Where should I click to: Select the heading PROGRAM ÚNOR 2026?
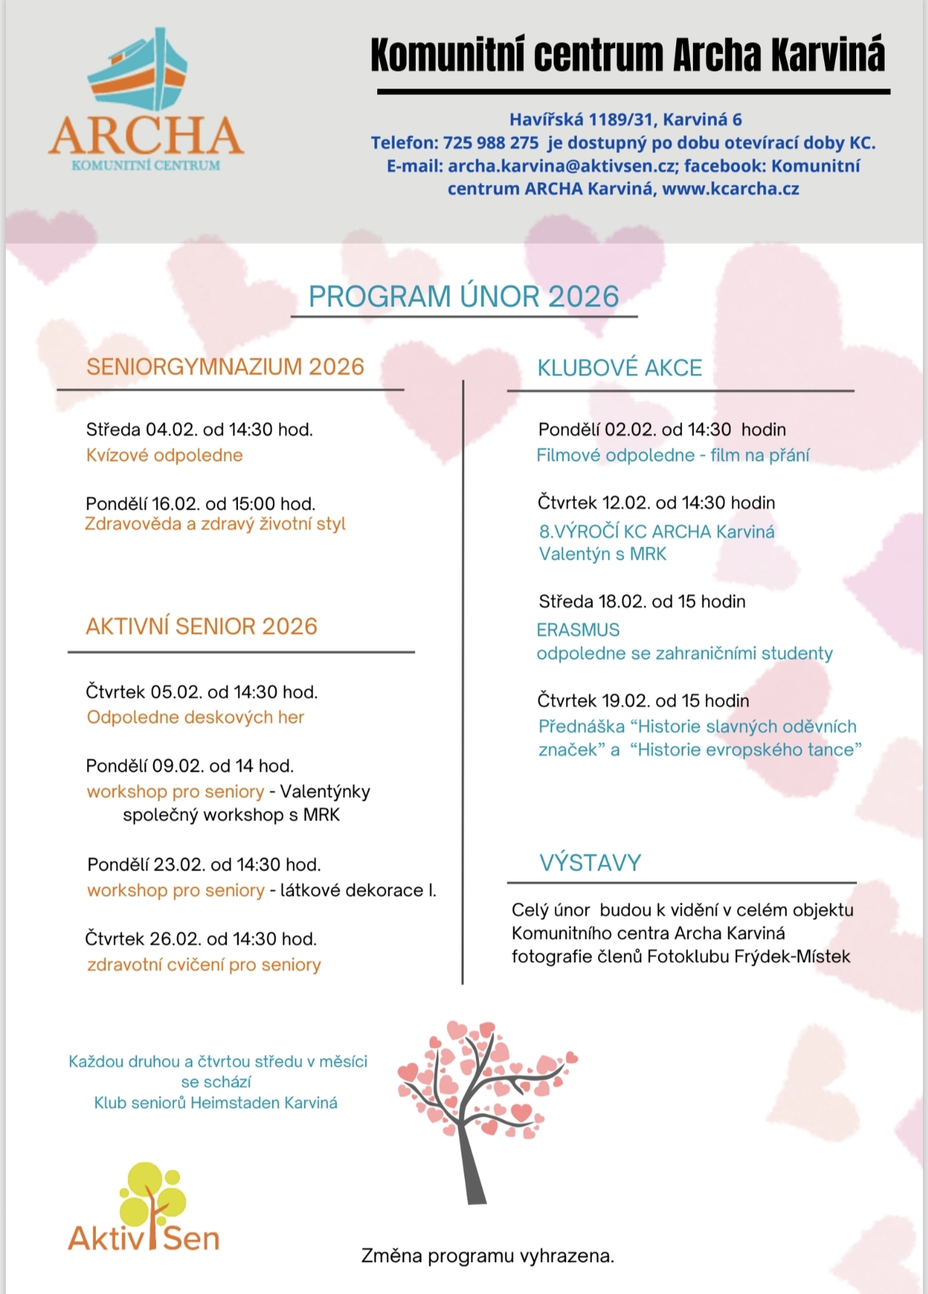point(464,297)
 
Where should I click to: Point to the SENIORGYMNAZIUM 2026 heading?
point(225,367)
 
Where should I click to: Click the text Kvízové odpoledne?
point(164,455)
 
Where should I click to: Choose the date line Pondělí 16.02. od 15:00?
point(200,503)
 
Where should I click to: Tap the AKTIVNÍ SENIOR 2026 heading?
point(202,627)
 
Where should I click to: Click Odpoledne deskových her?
point(195,717)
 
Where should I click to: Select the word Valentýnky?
point(325,792)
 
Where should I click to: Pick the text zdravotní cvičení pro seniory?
point(204,965)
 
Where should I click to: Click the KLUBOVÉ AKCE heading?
point(620,368)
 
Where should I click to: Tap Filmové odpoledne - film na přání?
point(673,455)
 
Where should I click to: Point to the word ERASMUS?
point(578,630)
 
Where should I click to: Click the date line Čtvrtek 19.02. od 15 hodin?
point(643,701)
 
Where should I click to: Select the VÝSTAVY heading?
point(591,863)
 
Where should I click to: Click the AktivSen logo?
point(144,1209)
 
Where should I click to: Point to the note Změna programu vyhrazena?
point(488,1256)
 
